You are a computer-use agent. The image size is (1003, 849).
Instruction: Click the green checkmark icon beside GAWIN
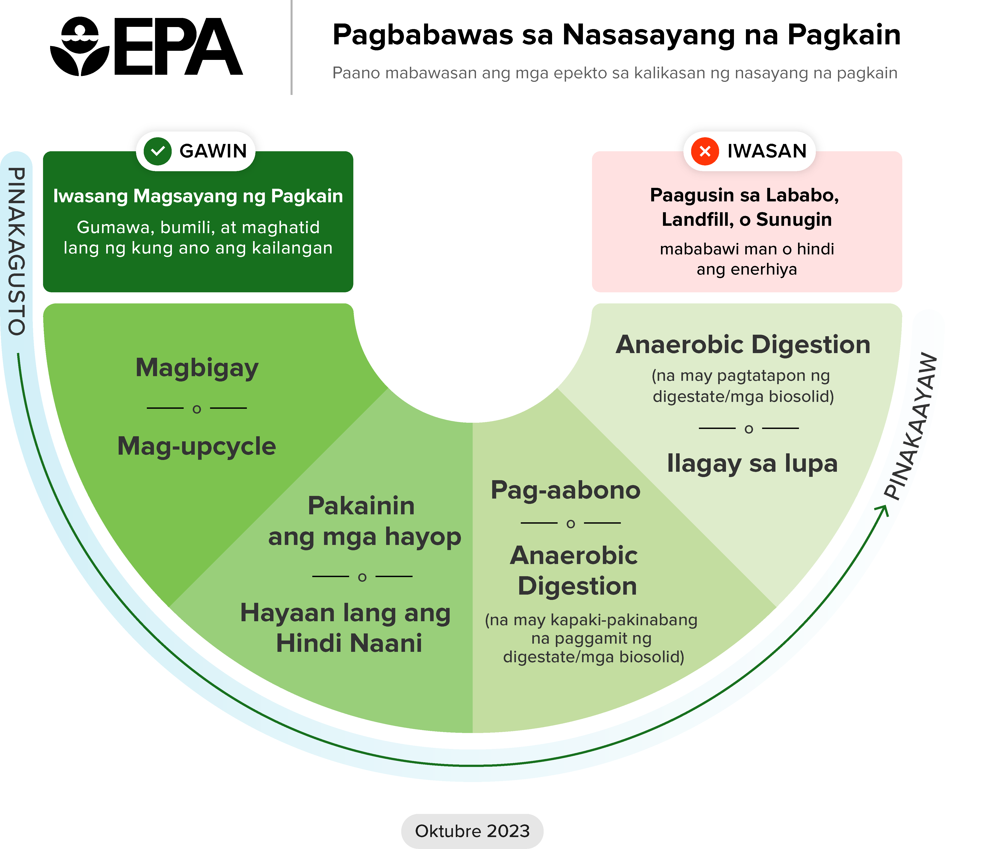pyautogui.click(x=157, y=151)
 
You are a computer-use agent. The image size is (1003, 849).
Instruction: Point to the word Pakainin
pyautogui.click(x=361, y=506)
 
